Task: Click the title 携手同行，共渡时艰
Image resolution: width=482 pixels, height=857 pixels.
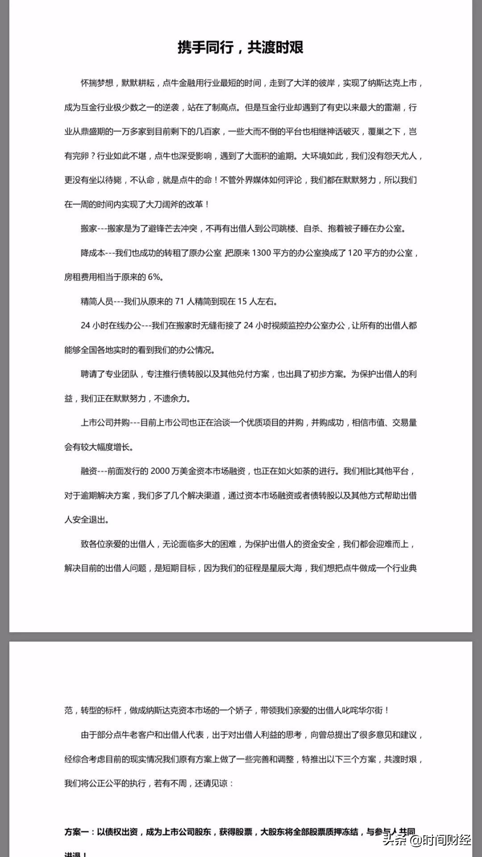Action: click(241, 47)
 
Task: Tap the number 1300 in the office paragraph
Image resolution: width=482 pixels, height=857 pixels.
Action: click(262, 253)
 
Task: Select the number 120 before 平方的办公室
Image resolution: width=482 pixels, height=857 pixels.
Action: click(354, 253)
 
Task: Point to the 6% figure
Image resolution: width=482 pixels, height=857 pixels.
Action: click(154, 277)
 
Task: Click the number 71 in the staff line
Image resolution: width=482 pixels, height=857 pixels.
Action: click(179, 302)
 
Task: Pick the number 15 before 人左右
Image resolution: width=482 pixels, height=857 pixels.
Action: click(242, 302)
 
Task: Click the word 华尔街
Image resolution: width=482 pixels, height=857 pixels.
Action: click(370, 710)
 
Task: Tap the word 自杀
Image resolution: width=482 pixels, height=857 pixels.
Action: click(311, 228)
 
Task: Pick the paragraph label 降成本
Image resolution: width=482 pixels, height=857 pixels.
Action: click(93, 253)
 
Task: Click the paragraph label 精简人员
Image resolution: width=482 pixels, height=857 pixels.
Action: click(97, 302)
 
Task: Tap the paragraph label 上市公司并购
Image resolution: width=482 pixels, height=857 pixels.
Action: click(105, 422)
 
